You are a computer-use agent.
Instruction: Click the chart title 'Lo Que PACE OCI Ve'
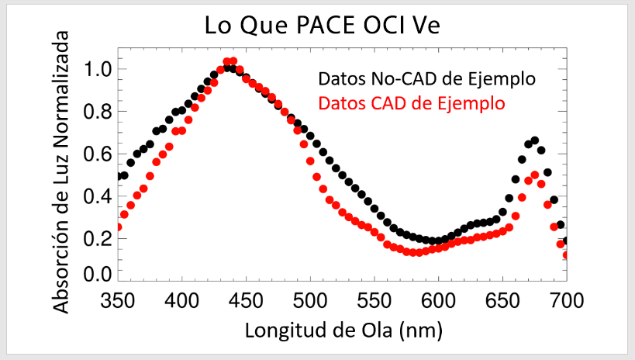pos(322,25)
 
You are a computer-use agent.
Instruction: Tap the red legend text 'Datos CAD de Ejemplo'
pos(412,102)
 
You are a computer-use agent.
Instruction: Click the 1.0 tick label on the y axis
pos(98,70)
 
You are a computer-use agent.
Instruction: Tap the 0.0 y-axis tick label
pos(98,274)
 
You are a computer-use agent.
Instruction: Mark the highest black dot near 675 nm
pos(535,140)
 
